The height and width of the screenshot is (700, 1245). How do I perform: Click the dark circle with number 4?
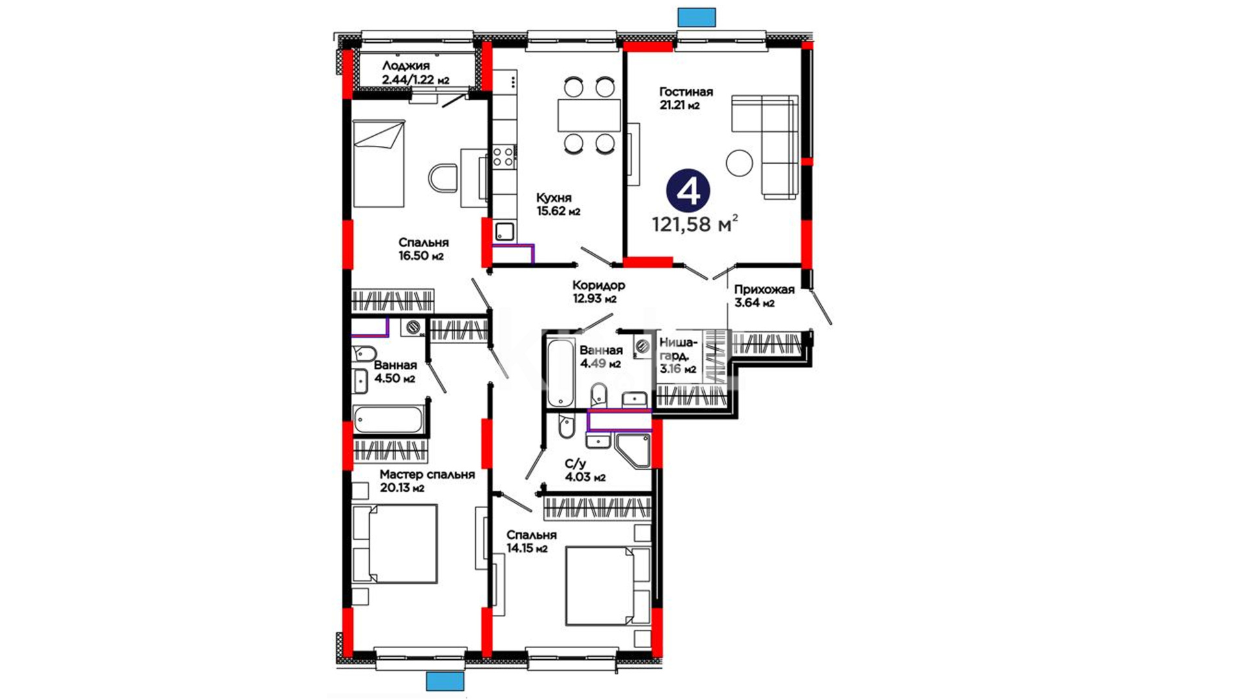(688, 190)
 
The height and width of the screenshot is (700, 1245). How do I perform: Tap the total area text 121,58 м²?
(694, 224)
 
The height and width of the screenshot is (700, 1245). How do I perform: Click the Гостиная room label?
(686, 92)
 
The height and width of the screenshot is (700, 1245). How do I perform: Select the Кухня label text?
(554, 198)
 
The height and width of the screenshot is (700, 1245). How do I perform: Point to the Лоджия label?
(406, 66)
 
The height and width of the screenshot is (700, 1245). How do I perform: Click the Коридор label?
(599, 285)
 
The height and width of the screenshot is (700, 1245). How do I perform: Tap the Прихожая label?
(765, 290)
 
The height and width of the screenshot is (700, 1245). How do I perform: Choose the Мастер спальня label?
(427, 474)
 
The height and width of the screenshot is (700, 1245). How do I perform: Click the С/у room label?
(575, 464)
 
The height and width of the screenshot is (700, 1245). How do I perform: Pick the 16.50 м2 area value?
(421, 255)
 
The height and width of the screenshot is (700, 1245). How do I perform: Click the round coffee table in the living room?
(739, 163)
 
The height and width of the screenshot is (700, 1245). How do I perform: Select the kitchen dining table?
(589, 115)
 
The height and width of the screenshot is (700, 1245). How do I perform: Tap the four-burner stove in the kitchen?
(503, 157)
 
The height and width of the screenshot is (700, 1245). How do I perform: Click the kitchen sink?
(504, 231)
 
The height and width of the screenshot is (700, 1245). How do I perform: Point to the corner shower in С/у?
(633, 450)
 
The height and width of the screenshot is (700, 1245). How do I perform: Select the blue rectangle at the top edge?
(696, 17)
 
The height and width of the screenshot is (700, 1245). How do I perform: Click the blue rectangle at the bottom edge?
(445, 681)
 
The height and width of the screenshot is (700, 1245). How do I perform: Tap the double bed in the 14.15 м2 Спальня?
(608, 586)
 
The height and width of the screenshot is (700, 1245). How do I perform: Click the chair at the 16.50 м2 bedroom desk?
(444, 178)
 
